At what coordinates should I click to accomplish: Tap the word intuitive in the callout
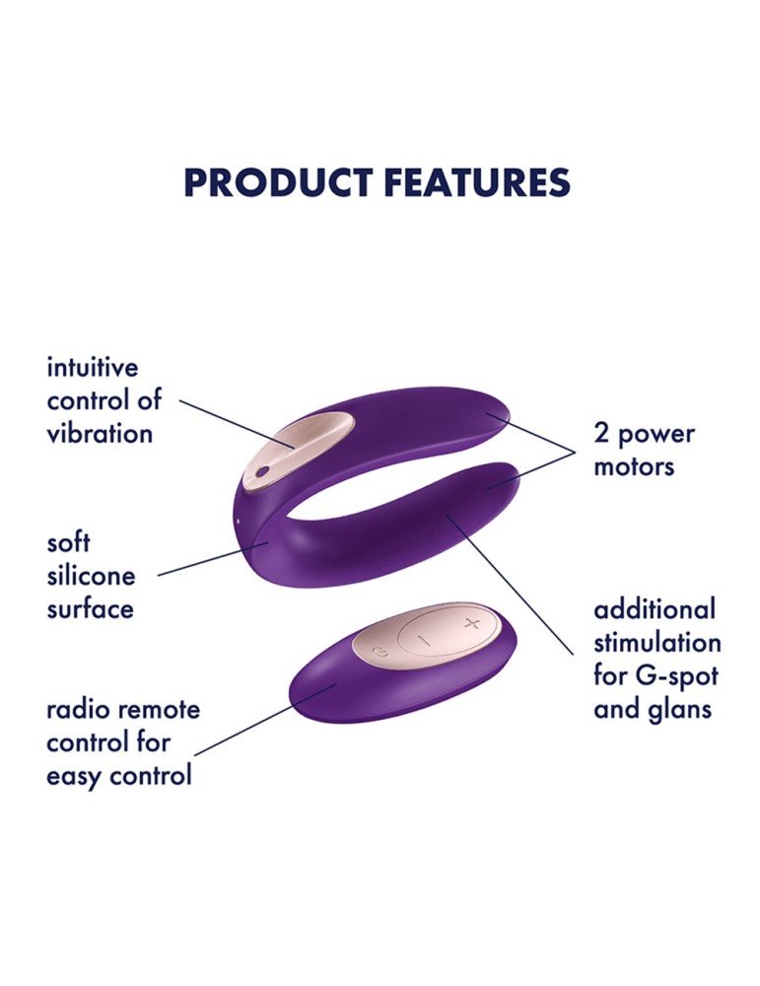[93, 368]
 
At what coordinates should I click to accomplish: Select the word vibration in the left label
[100, 433]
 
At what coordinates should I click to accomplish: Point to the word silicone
[91, 576]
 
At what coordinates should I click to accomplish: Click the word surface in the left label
[90, 608]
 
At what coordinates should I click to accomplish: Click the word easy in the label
[76, 775]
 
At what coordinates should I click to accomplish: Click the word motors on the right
[633, 465]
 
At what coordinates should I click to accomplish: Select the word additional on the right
[655, 608]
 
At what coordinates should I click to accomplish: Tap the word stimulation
[656, 642]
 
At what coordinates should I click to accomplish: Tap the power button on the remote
[381, 648]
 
